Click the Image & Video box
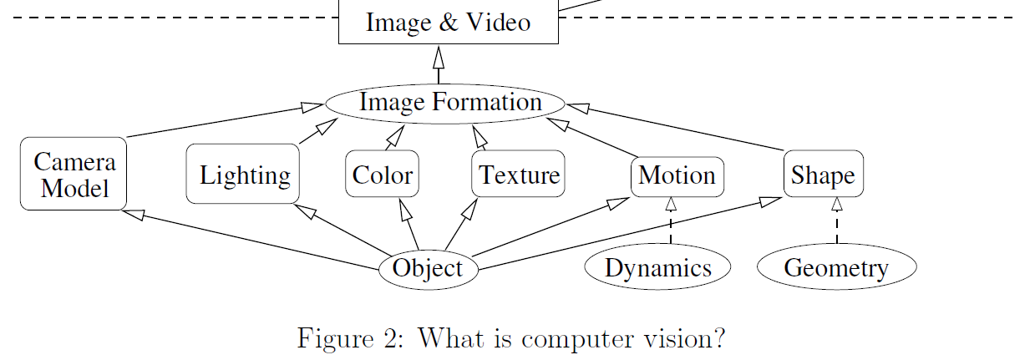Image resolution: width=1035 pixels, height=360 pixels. coord(448,22)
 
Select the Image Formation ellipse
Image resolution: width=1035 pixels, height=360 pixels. coord(444,103)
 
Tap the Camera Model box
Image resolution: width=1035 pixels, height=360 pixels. coord(74,174)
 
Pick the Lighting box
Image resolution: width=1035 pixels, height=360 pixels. coord(243,174)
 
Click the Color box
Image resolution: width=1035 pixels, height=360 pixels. coord(382,175)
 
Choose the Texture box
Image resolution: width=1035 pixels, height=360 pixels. coord(518,175)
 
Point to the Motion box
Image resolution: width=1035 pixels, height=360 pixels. coord(677,175)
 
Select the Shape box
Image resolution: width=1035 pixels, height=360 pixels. coord(823,175)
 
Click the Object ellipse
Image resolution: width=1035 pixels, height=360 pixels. coord(428,269)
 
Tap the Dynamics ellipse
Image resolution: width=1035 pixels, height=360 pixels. coord(657,268)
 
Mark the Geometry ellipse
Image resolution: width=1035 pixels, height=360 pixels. coord(836,268)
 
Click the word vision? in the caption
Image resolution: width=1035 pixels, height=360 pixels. coord(690,338)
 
